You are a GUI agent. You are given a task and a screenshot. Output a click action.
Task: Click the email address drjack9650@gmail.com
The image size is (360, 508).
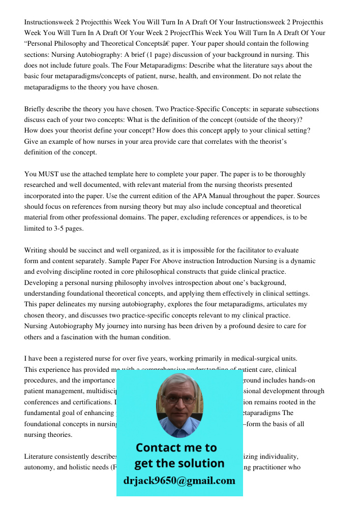(x=179, y=481)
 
